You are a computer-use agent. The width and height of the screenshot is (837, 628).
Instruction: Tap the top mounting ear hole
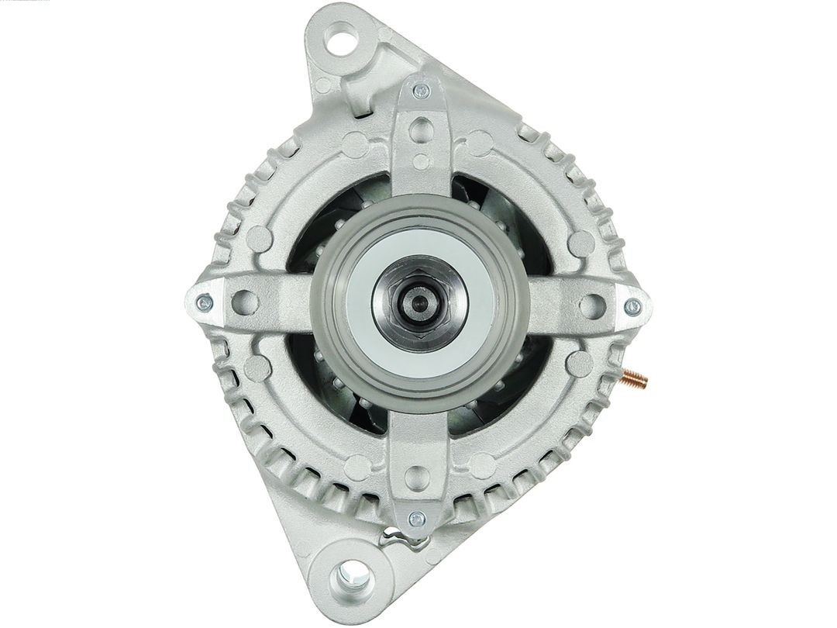pyautogui.click(x=342, y=36)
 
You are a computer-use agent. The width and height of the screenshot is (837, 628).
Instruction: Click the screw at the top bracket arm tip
pyautogui.click(x=421, y=91)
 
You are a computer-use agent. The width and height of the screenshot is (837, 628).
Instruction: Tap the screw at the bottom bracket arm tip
pyautogui.click(x=417, y=519)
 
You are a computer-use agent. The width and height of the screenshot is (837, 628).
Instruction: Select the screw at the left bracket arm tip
pyautogui.click(x=205, y=302)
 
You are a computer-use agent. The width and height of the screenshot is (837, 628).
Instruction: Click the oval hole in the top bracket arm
pyautogui.click(x=420, y=128)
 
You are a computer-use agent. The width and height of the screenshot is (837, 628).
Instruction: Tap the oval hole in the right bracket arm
pyautogui.click(x=592, y=305)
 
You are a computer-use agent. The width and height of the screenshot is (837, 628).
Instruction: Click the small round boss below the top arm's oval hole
pyautogui.click(x=421, y=162)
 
